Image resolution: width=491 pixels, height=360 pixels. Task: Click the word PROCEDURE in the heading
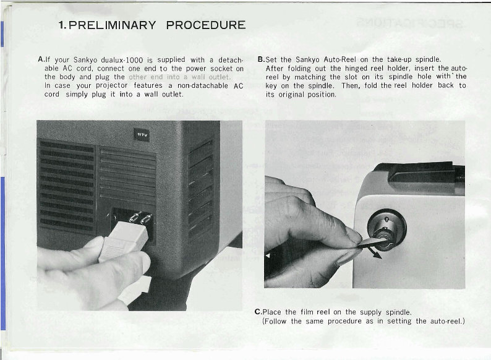[x=206, y=25]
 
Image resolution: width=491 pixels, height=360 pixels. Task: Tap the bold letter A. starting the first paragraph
[x=41, y=59]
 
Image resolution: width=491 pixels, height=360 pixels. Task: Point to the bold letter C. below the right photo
[x=258, y=312]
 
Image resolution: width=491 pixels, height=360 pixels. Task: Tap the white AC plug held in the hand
[x=124, y=241]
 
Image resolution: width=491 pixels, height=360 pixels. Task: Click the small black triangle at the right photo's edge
[x=267, y=255]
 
